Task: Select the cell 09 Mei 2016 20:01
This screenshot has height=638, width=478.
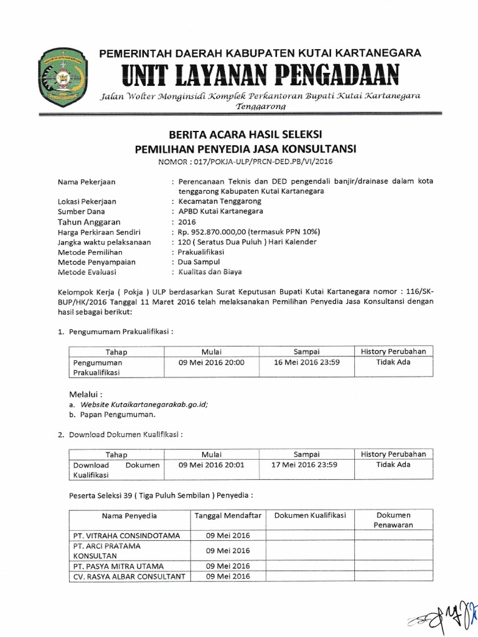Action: click(x=212, y=465)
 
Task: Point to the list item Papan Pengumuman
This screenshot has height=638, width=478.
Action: click(x=116, y=414)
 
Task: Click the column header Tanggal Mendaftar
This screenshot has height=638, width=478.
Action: click(x=228, y=516)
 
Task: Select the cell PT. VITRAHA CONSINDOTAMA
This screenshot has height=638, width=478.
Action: click(x=126, y=535)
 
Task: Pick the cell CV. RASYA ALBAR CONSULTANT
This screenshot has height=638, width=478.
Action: click(x=129, y=576)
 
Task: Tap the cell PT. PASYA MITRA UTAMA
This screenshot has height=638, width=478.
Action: click(x=118, y=566)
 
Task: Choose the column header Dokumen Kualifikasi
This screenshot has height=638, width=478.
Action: click(x=310, y=516)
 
